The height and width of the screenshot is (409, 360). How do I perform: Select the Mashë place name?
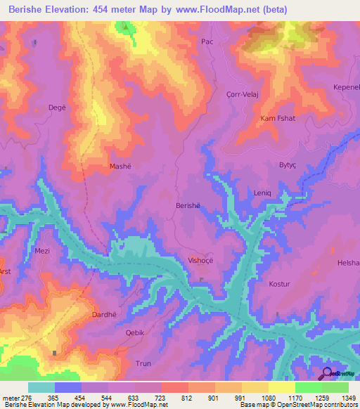pyautogui.click(x=120, y=167)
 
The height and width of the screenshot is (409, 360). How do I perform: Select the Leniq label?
pyautogui.click(x=262, y=192)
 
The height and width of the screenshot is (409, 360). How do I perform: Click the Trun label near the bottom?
pyautogui.click(x=143, y=363)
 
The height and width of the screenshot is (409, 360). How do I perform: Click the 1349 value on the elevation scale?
pyautogui.click(x=349, y=398)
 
